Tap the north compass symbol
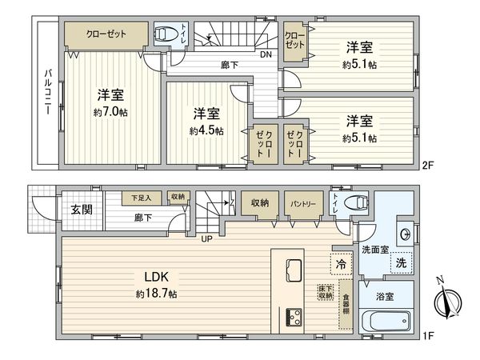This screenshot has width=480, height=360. [x=444, y=302]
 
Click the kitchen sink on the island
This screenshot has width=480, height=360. [x=291, y=269]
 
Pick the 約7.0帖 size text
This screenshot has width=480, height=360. [x=109, y=112]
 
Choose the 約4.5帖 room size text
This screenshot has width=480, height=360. [x=206, y=130]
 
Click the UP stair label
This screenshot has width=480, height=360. [x=206, y=238]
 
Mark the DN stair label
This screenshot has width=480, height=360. [x=266, y=54]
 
